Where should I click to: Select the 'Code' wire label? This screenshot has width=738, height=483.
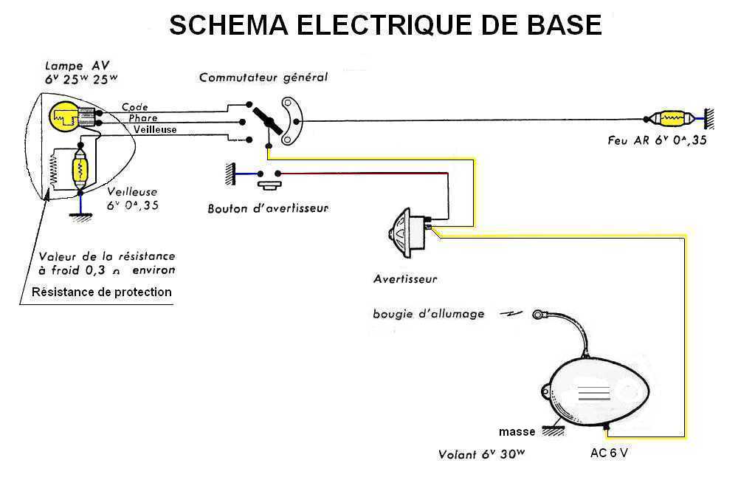[x=135, y=107]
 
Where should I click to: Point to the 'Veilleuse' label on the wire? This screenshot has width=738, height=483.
[x=155, y=130]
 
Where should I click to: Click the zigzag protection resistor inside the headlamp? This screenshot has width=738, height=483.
[x=52, y=174]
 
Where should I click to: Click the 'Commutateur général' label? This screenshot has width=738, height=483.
[x=263, y=77]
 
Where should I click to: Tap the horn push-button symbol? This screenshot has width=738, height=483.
[x=267, y=178]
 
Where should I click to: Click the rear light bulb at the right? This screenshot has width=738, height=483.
[x=671, y=119]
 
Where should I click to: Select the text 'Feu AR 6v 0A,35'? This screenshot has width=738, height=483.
[x=657, y=140]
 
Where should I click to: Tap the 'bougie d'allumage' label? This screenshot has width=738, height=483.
[x=429, y=314]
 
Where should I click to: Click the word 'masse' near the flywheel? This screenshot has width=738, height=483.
[x=517, y=431]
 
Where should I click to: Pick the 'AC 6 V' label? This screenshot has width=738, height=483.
[x=609, y=453]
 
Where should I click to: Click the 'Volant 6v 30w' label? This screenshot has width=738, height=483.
[x=481, y=454]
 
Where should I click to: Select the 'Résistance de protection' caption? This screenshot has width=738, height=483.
[x=102, y=292]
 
